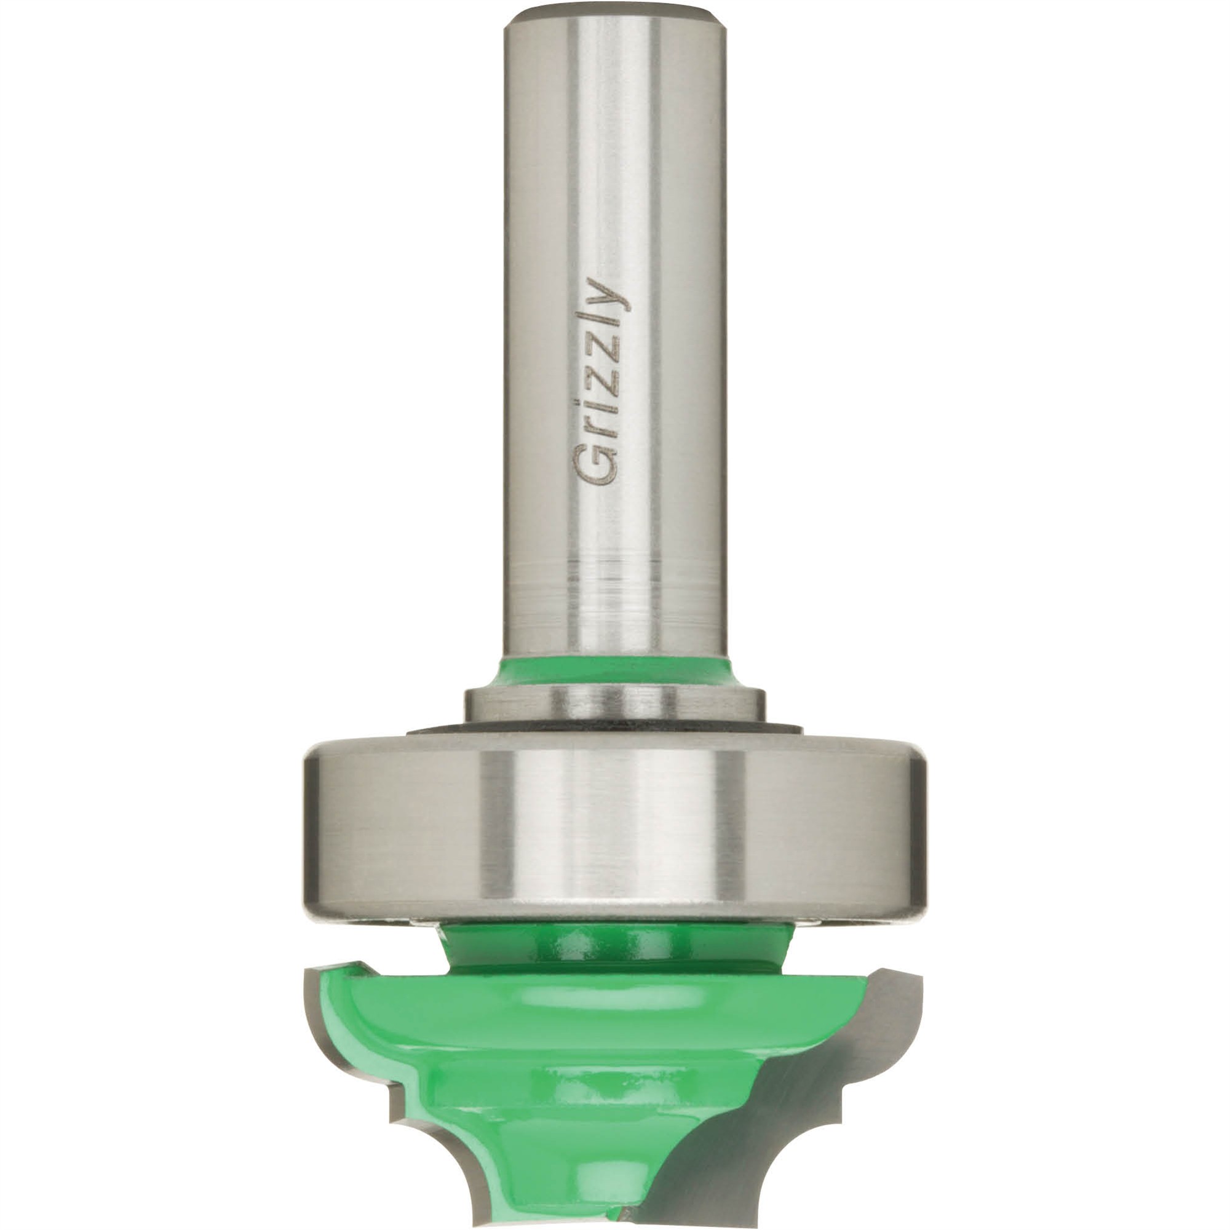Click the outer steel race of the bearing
[614, 821]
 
